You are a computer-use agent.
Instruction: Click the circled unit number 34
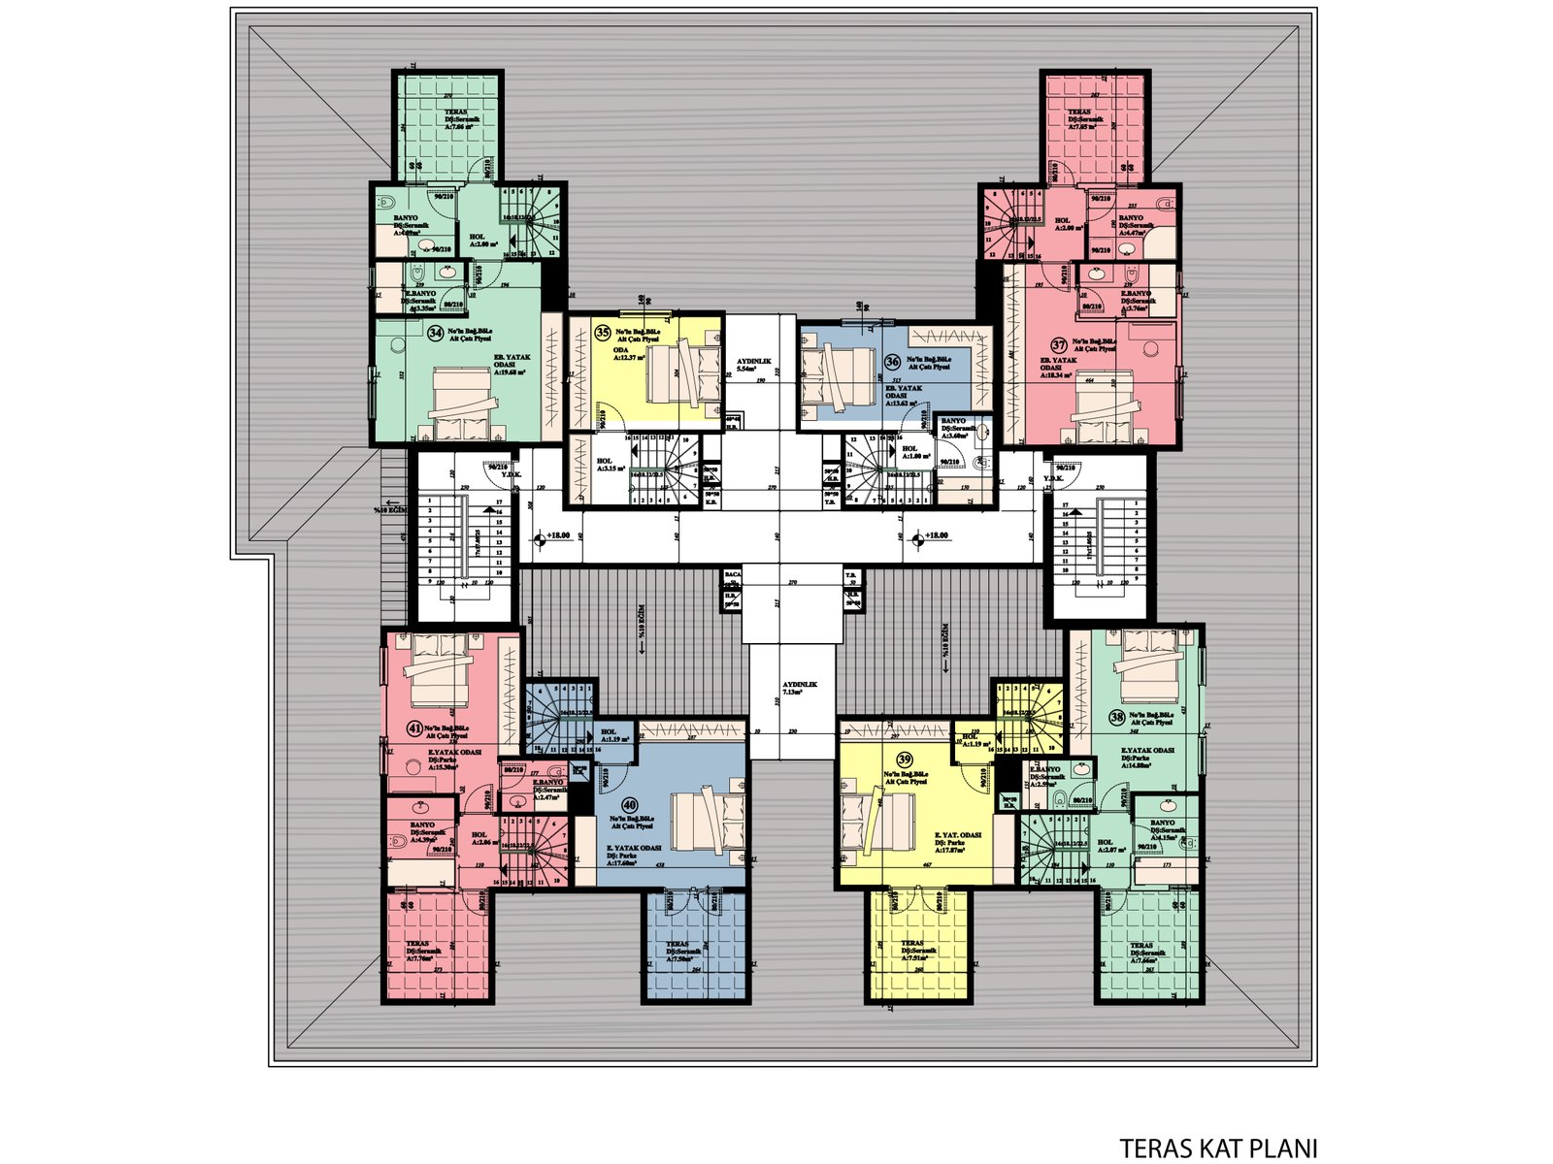tap(436, 332)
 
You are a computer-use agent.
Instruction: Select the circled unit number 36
tap(892, 361)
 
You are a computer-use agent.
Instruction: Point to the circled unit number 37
tap(1059, 344)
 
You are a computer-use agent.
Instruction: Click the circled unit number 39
tap(905, 759)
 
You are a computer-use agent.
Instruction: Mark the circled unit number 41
tap(414, 727)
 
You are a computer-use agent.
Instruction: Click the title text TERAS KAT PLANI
tap(1218, 1148)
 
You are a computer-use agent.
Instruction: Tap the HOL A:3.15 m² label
tap(610, 465)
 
